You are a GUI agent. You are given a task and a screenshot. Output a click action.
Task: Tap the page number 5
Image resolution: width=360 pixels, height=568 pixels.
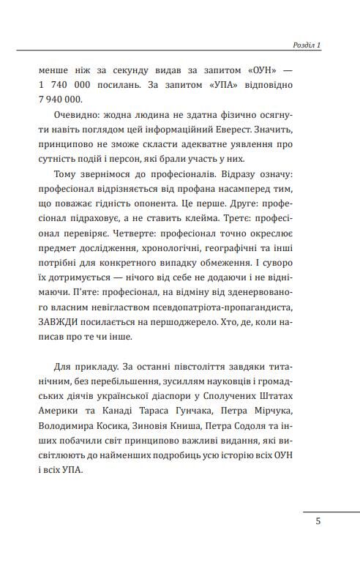tap(318, 522)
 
